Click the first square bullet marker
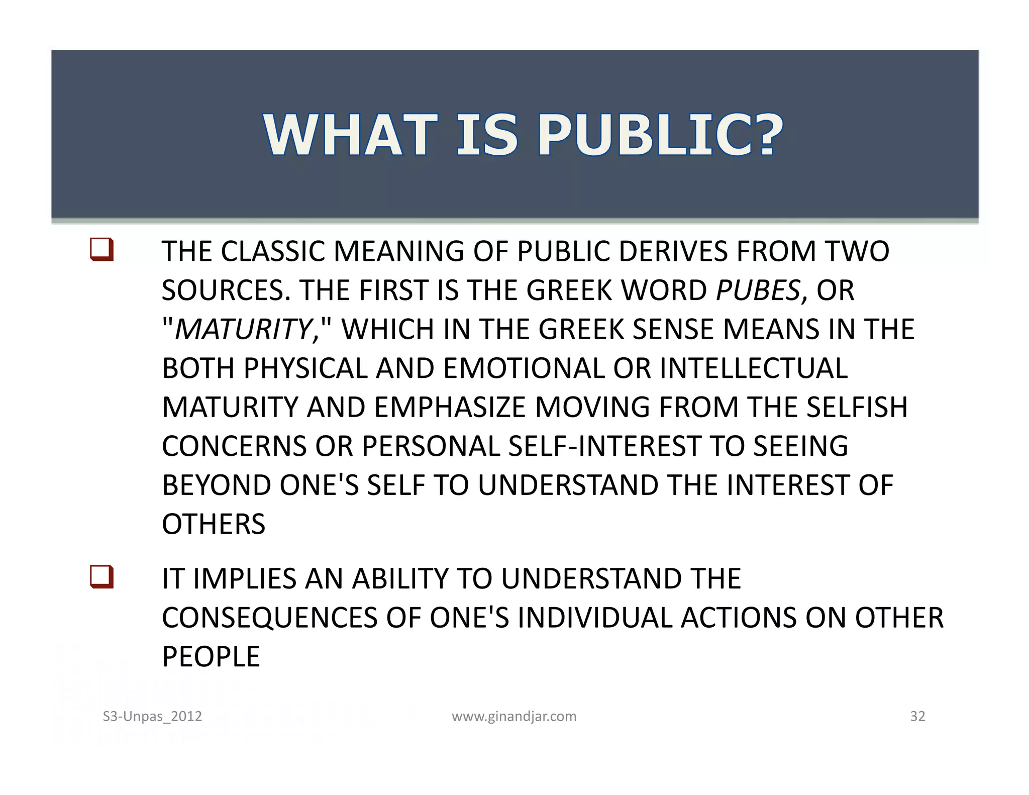(x=101, y=250)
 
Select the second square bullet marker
(x=101, y=577)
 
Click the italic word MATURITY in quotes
(x=244, y=330)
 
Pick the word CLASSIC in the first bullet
(x=273, y=251)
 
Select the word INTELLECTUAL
(x=754, y=368)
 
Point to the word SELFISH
(x=857, y=408)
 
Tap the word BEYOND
(x=216, y=485)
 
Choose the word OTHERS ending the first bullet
(x=213, y=524)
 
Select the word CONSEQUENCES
(x=269, y=618)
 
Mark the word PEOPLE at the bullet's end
(x=211, y=657)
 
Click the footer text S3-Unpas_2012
(x=152, y=716)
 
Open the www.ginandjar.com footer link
(x=514, y=716)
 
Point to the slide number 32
(x=917, y=716)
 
